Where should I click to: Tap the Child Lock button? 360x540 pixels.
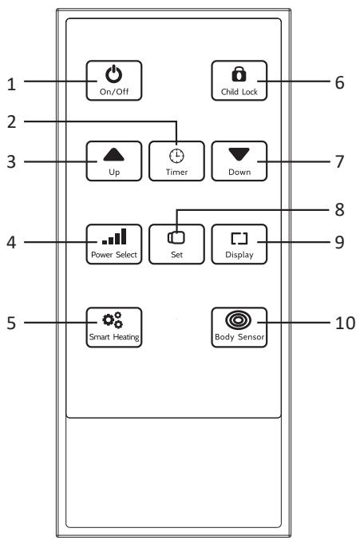tap(239, 81)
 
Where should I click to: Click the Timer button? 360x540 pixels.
tap(176, 161)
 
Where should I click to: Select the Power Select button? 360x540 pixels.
tap(114, 244)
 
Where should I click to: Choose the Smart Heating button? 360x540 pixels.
tap(114, 328)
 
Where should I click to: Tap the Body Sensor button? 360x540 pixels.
tap(239, 328)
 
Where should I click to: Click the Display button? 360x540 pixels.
tap(239, 244)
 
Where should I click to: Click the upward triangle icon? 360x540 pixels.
tap(114, 155)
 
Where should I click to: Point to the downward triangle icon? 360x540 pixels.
tap(239, 155)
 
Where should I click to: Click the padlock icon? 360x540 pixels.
tap(239, 74)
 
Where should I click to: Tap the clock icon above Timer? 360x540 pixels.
tap(176, 156)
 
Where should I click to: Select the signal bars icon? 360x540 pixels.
tap(114, 236)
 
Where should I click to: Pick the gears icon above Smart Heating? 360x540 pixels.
tap(113, 320)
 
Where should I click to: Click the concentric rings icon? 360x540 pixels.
tap(238, 320)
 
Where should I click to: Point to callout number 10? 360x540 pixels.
tap(345, 323)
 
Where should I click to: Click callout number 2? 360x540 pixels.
tap(11, 122)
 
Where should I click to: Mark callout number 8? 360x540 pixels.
tap(339, 209)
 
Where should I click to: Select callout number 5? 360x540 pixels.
tap(11, 323)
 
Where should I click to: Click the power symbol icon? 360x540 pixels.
tap(113, 74)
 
